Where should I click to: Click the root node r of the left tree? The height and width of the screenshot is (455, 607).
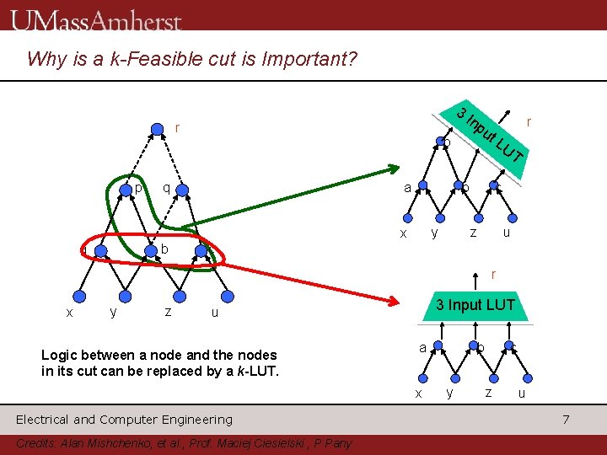coord(157,128)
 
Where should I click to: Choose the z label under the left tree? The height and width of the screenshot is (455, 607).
coord(169,312)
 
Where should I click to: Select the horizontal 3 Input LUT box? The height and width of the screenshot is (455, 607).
coord(474,305)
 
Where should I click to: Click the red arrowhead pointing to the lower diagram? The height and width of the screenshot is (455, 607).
coord(395,301)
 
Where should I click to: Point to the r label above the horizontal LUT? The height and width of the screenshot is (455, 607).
coord(494,273)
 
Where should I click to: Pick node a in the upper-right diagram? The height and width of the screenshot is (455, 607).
coord(419,187)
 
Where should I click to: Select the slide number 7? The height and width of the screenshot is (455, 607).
coord(567,419)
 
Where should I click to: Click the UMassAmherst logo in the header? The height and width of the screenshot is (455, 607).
coord(97,19)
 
